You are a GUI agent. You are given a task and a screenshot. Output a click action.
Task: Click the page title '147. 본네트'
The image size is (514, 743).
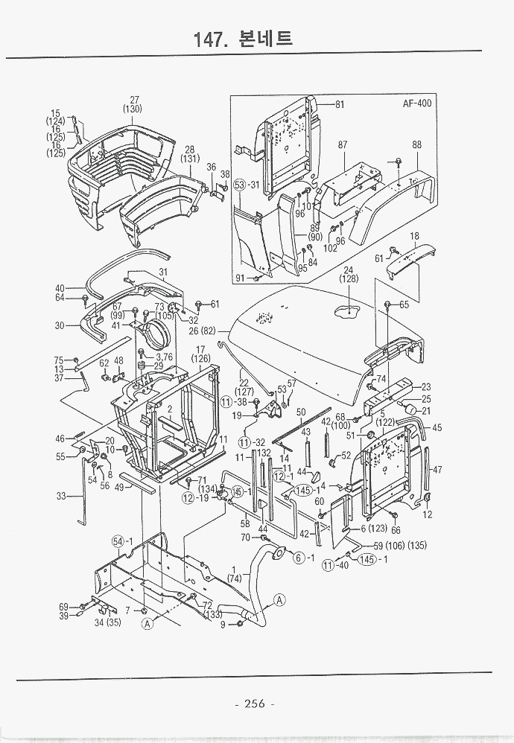(x=243, y=38)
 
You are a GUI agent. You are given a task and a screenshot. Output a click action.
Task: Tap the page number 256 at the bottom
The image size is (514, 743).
(x=255, y=704)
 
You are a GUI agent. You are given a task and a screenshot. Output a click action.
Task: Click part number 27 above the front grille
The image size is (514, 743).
(x=135, y=100)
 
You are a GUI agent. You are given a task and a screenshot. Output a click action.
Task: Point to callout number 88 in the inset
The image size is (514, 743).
(x=416, y=145)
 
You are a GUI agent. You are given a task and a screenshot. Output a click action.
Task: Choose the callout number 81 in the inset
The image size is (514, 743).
(x=339, y=104)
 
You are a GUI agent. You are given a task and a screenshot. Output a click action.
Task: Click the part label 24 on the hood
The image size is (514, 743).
(x=348, y=270)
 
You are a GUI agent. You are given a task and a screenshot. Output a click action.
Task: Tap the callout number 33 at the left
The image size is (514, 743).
(x=61, y=496)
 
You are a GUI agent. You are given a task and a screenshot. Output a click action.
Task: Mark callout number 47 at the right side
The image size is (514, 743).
(x=437, y=469)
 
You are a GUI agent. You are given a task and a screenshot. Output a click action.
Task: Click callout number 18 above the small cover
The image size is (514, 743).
(x=414, y=236)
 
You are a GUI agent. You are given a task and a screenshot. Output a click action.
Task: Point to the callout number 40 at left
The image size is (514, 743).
(x=60, y=288)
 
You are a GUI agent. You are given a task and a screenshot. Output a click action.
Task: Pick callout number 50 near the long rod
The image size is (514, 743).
(x=301, y=412)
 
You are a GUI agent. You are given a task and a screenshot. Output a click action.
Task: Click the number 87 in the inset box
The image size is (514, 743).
(x=343, y=145)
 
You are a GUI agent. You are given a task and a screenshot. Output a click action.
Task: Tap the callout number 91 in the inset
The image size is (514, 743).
(x=240, y=278)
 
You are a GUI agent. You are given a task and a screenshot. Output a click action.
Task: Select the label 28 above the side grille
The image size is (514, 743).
(x=189, y=149)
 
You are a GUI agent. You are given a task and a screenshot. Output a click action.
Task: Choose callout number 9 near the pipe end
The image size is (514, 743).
(x=222, y=623)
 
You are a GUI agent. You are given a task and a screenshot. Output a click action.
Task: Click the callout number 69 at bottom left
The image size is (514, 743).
(x=64, y=607)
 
